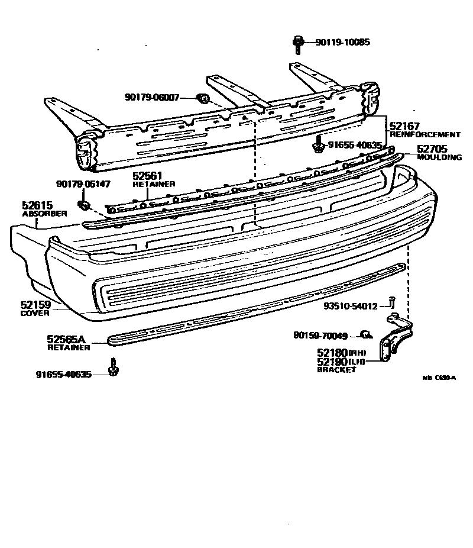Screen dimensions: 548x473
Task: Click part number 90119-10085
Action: [342, 42]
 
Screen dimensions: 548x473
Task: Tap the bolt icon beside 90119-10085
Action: [298, 43]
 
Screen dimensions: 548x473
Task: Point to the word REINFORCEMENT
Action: [425, 135]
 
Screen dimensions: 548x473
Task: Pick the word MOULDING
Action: [439, 157]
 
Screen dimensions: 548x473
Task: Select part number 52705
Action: [432, 150]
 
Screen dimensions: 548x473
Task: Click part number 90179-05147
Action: [83, 184]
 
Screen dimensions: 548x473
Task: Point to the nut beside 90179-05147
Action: [83, 205]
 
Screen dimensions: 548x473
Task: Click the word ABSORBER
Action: [45, 214]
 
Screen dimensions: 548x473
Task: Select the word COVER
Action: [35, 313]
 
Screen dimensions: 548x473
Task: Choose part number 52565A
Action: [66, 340]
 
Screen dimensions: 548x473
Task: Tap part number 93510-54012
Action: [350, 306]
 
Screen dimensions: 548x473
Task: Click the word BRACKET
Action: [337, 369]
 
